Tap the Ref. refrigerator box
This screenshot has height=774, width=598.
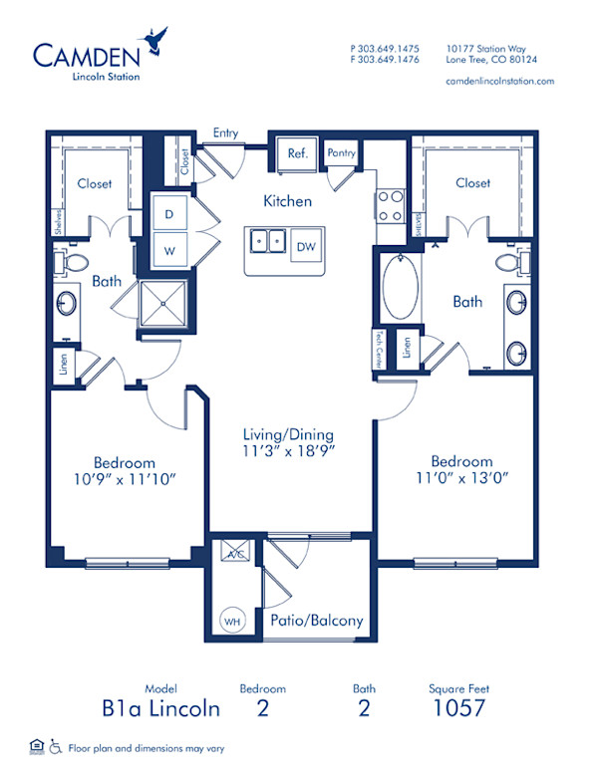pyautogui.click(x=297, y=154)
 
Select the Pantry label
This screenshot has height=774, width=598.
pyautogui.click(x=341, y=153)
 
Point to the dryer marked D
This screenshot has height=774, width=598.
pyautogui.click(x=169, y=214)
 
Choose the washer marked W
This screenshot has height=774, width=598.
pyautogui.click(x=169, y=250)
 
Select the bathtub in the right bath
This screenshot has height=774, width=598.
pyautogui.click(x=400, y=287)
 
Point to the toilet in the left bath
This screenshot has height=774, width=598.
pyautogui.click(x=74, y=262)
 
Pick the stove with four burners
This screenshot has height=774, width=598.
pyautogui.click(x=390, y=204)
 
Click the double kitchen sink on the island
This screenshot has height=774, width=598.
pyautogui.click(x=267, y=241)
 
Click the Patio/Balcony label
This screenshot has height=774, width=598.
pyautogui.click(x=317, y=621)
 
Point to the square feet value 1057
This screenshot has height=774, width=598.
pyautogui.click(x=459, y=709)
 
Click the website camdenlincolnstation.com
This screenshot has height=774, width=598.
pyautogui.click(x=499, y=81)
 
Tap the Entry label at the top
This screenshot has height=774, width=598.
pyautogui.click(x=226, y=131)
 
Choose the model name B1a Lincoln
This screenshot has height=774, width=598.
pyautogui.click(x=160, y=709)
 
